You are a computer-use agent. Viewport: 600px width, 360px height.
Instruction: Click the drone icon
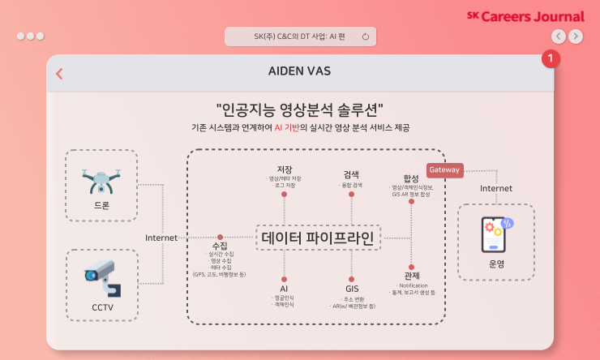tap(101, 180)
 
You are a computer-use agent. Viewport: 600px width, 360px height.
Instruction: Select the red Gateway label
tap(444, 170)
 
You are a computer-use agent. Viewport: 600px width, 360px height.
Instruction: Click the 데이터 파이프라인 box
tap(318, 238)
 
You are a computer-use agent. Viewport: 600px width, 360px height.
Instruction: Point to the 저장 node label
tap(284, 169)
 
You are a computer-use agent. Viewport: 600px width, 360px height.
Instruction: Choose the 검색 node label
tap(351, 174)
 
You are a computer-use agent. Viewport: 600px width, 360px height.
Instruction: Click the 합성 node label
tap(411, 178)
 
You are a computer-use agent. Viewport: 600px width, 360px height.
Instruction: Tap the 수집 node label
tap(219, 245)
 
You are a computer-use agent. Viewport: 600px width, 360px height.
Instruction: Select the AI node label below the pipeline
tap(284, 288)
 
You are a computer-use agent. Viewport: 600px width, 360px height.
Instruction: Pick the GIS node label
tap(352, 288)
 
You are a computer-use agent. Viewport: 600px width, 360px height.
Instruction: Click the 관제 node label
tap(411, 276)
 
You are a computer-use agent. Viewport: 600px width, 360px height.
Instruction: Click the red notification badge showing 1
tap(551, 59)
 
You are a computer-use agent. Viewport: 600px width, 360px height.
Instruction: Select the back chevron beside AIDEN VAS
tap(59, 74)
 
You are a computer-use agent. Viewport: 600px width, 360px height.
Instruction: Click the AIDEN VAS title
tap(299, 71)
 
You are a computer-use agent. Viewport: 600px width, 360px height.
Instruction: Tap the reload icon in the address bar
tap(366, 36)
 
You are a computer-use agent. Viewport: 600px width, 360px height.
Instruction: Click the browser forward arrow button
tap(575, 36)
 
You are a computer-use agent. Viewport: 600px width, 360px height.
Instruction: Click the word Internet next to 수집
tap(161, 238)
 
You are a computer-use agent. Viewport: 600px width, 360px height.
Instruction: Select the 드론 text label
tap(101, 205)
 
